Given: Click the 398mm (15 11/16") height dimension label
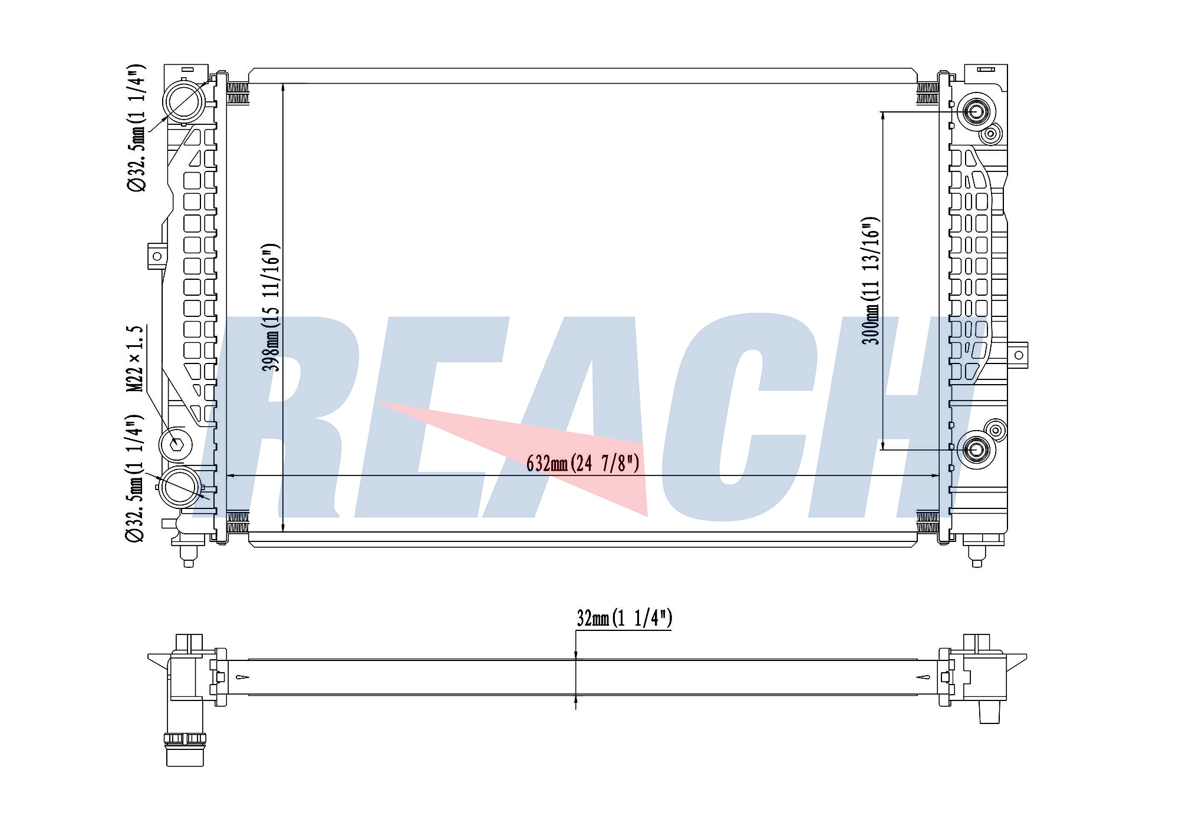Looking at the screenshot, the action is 271,307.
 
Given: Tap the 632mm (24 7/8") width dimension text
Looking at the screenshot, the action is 582,464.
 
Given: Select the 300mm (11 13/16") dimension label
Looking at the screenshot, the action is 871,280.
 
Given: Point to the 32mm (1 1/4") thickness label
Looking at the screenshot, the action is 624,618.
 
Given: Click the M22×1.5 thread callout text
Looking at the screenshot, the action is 136,359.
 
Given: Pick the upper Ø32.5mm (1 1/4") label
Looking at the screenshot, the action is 136,128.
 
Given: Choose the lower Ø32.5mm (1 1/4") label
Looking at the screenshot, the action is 134,478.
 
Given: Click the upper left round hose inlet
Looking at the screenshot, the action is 184,101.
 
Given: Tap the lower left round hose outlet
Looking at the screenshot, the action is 180,487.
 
